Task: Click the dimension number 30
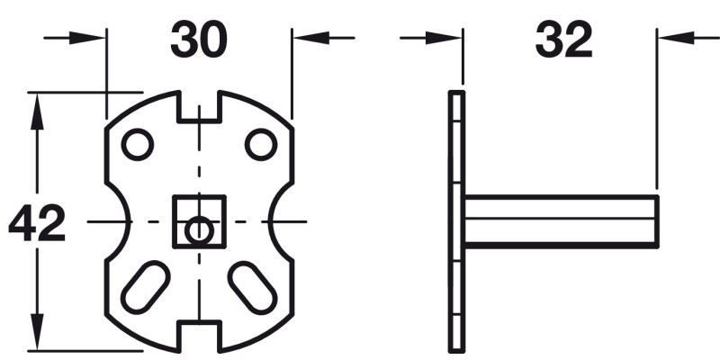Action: tap(199, 40)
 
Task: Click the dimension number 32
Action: tap(564, 40)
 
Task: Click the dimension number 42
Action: tap(37, 224)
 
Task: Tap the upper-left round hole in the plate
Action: tap(137, 144)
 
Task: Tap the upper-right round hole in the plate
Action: tap(260, 144)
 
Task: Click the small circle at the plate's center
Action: tap(198, 231)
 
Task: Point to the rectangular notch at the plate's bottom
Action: tap(199, 337)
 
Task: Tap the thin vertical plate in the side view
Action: tap(455, 220)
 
